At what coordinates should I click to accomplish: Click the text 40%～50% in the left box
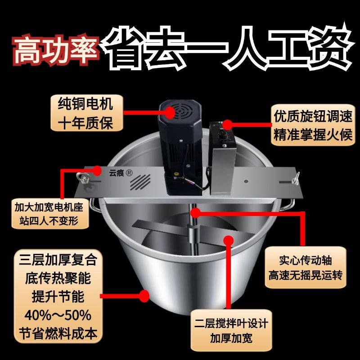56,314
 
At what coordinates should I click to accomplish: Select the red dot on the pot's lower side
144,296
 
